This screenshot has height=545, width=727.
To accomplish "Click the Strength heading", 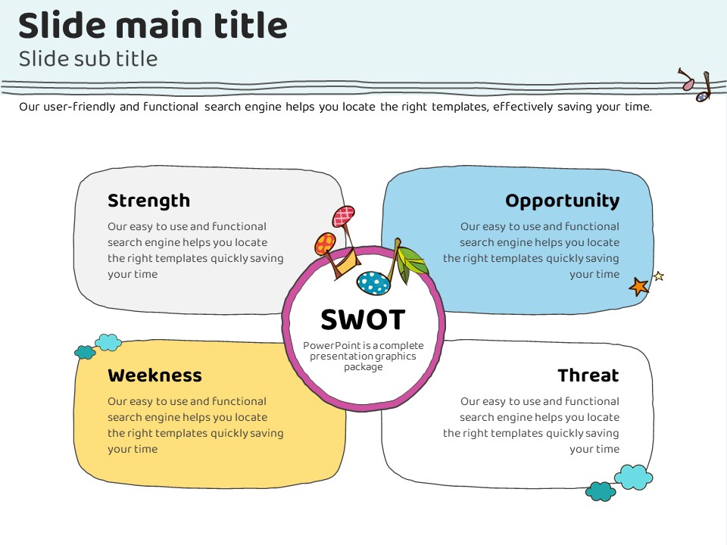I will point(148,201).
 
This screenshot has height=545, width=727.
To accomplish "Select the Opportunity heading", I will point(562,201).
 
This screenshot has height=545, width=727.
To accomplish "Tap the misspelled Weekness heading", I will point(154,375).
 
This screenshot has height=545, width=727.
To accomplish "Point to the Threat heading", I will point(588,375).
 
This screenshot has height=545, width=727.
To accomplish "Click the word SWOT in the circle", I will point(363,319).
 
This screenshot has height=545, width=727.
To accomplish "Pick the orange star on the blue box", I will point(639,286).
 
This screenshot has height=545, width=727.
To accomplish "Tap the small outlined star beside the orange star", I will point(658,276).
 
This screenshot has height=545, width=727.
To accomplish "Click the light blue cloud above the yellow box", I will point(108,342).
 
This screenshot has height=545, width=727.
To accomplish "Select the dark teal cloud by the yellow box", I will point(85,352).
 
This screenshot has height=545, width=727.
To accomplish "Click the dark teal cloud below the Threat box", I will point(601,491).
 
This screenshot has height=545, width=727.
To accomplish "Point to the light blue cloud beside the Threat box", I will point(633,477).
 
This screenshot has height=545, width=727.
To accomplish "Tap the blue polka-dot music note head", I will point(373,283).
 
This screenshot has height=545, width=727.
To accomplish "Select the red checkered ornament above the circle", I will point(344,216).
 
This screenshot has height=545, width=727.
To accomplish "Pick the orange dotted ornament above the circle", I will point(325,244).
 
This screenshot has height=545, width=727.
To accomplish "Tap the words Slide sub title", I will point(88,58).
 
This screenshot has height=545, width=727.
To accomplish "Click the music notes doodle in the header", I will point(696,85).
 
